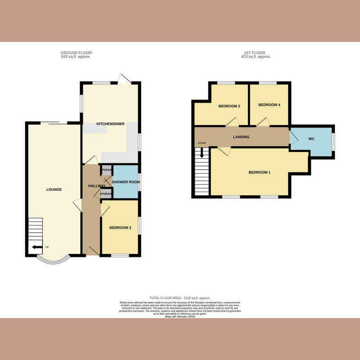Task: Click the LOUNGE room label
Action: (x=54, y=189)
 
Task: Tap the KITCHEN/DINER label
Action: (x=110, y=124)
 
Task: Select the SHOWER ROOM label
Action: (x=126, y=182)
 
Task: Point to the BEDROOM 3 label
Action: (x=120, y=228)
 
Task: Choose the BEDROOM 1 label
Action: (x=259, y=172)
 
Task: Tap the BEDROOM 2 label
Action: (x=229, y=107)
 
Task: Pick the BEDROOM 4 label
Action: (x=269, y=105)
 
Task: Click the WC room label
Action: (x=311, y=139)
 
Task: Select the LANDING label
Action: (x=241, y=137)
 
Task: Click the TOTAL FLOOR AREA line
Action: (x=180, y=298)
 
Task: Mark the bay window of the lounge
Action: (x=53, y=261)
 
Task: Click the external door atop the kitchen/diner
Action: (x=125, y=78)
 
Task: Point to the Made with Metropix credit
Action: (x=180, y=317)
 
